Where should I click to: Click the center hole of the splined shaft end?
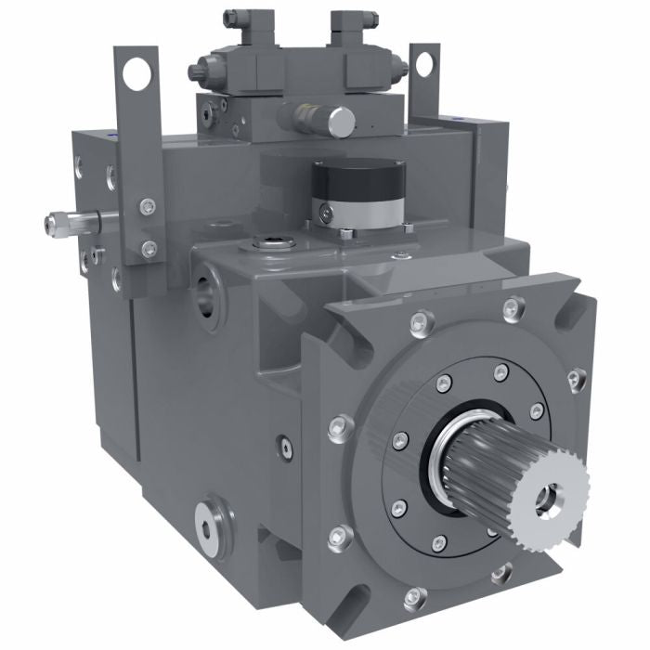[549, 498]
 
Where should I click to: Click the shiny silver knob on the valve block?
[340, 120]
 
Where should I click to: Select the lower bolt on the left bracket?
[149, 247]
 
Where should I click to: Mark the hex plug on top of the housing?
[274, 242]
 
